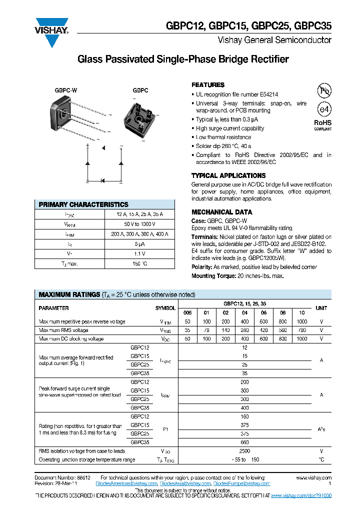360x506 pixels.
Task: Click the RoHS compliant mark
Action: pos(322,124)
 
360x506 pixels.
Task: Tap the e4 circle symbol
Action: pos(324,109)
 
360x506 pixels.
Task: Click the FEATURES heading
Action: pos(208,85)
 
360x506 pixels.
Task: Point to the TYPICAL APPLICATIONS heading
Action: pos(228,175)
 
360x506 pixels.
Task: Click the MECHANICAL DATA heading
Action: pos(218,212)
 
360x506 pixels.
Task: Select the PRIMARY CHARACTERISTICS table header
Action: pos(83,204)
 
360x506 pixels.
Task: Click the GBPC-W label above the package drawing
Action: pos(66,91)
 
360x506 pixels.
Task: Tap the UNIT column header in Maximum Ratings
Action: pos(321,308)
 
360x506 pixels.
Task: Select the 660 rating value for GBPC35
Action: pos(244,442)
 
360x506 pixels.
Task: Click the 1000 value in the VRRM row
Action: pos(301,321)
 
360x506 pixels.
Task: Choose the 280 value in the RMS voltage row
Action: pos(245,330)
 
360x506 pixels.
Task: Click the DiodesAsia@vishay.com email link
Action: pos(186,484)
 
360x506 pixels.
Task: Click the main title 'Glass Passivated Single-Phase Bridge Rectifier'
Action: pos(183,59)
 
